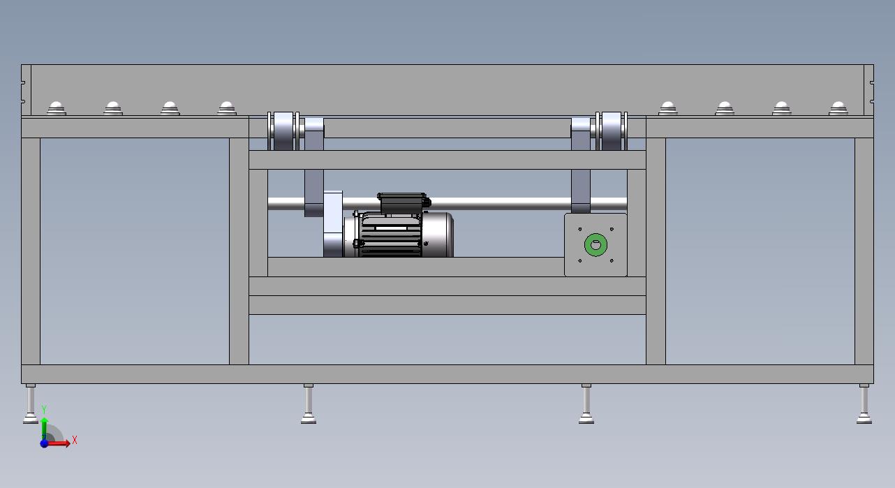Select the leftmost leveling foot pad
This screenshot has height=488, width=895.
click(30, 420)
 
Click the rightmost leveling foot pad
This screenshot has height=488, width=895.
click(864, 420)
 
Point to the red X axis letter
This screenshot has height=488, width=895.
click(75, 441)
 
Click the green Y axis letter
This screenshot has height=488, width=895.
click(44, 409)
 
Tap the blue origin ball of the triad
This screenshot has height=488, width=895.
click(44, 443)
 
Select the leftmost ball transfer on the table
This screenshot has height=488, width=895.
click(57, 108)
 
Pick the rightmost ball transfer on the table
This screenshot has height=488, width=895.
click(838, 108)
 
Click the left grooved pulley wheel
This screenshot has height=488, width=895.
click(283, 131)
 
